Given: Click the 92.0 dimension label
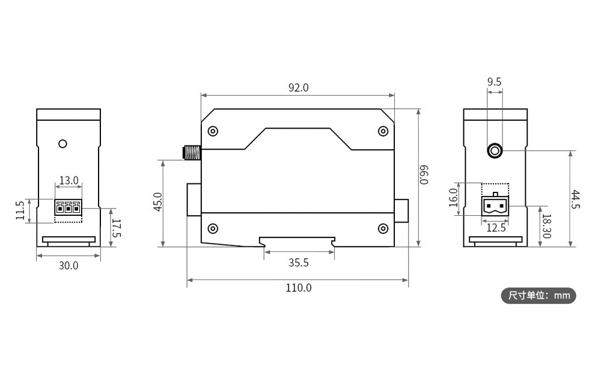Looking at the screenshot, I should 298,87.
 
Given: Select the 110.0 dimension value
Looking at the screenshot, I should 298,287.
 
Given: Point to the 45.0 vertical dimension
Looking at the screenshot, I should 157,203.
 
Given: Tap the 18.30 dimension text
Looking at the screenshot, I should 546,226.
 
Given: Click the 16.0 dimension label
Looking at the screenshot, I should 453,197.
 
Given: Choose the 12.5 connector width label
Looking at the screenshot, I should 495,228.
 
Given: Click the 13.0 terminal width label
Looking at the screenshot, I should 68,180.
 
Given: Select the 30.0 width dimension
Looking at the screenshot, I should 68,265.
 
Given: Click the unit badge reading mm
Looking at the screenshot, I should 538,295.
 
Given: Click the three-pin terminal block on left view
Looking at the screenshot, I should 68,208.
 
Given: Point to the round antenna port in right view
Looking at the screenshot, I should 495,150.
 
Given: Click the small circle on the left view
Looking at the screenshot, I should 63,144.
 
